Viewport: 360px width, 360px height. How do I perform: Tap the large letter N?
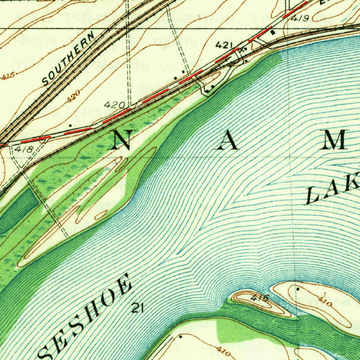coord(123,140)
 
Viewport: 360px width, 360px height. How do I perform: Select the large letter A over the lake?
coord(226,141)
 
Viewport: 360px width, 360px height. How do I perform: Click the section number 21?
coord(137,309)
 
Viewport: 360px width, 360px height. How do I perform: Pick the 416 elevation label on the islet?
coord(261,299)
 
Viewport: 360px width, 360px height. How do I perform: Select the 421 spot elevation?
coord(224,45)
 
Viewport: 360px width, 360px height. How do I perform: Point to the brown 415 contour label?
coord(8,76)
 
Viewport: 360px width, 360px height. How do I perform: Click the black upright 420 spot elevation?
coord(115,105)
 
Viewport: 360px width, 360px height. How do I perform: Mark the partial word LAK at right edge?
coord(332,192)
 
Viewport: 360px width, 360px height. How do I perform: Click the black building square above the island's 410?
coord(298,289)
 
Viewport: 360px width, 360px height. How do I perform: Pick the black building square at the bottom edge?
coord(181,336)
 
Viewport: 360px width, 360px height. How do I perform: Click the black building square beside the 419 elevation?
coord(274,32)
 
